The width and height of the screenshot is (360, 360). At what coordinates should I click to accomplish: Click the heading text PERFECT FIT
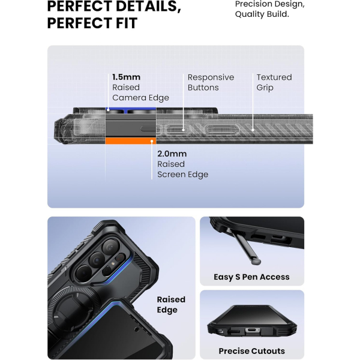(x=92, y=23)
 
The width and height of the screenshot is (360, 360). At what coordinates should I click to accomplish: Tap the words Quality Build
(x=262, y=14)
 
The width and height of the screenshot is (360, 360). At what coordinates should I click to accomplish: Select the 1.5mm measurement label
(x=126, y=77)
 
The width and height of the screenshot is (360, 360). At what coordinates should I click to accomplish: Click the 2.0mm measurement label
(x=172, y=154)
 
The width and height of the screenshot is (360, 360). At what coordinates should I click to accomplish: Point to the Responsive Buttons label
(x=211, y=82)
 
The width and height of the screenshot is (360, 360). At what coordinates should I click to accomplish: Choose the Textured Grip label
(x=274, y=82)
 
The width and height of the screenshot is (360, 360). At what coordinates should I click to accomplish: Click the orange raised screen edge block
(x=130, y=140)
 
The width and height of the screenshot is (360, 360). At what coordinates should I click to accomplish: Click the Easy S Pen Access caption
(x=251, y=277)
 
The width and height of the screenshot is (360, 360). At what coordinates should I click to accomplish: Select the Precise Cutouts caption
(x=251, y=351)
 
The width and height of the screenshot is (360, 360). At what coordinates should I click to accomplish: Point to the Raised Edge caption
(x=171, y=304)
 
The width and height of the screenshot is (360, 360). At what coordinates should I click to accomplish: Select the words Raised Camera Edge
(x=140, y=92)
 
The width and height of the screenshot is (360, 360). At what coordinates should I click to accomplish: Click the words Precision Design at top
(x=269, y=4)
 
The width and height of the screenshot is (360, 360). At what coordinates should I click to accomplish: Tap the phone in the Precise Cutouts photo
(x=252, y=321)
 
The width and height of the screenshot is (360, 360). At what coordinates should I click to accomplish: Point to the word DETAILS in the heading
(x=143, y=7)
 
